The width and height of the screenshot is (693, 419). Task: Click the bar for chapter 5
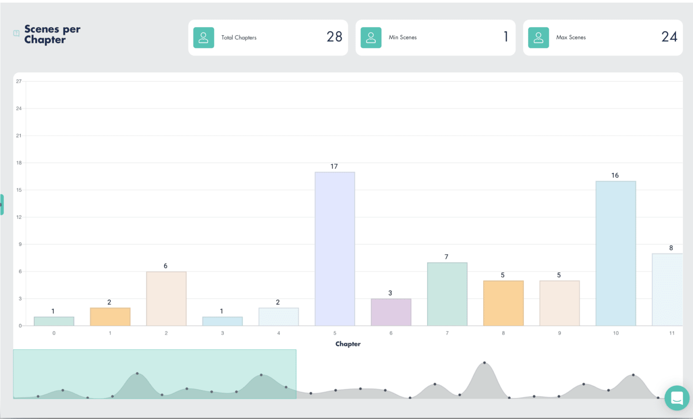coord(335,249)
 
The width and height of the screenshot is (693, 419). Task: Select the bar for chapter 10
coord(616,253)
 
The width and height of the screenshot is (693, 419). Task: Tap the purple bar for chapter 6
coord(391,312)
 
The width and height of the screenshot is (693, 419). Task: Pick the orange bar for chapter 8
coord(504,303)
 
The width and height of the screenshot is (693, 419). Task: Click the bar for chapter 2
coord(166,299)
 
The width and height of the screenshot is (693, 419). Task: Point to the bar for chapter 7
coord(447,294)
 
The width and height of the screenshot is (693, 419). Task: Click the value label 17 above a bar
coord(334,166)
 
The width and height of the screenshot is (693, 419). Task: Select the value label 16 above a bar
coord(615,175)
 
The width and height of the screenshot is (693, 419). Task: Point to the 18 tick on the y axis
coord(19,163)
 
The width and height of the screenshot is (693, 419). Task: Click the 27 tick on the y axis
coord(19,81)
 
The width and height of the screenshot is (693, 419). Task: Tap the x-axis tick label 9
coord(559,333)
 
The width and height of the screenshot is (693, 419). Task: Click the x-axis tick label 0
coord(54,333)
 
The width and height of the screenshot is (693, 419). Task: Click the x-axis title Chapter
coord(348,344)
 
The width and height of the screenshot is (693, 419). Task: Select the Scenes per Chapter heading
coord(52,34)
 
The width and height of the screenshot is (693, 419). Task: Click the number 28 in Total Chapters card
coord(334,37)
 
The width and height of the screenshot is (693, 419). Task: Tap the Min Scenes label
coord(403,37)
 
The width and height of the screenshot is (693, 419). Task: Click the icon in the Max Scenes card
coord(538,38)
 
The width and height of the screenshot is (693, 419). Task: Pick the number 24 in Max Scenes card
coord(670,37)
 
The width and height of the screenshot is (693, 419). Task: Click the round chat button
coord(677,398)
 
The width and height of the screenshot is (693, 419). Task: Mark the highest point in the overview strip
coord(485,363)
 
